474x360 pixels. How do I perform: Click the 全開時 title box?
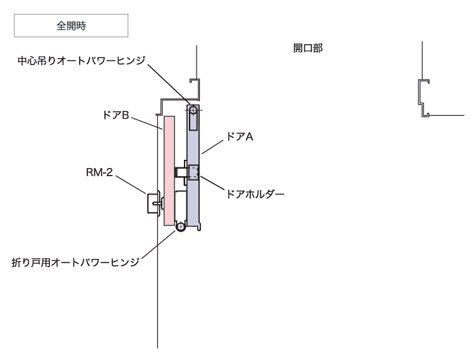[71, 25]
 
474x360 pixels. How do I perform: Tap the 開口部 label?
[308, 48]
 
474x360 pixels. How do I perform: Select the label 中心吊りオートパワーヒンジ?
[82, 61]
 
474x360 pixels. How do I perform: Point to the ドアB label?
[116, 115]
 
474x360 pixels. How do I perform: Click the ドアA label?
[240, 137]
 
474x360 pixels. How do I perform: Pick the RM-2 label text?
[99, 172]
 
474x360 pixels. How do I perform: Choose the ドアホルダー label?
[255, 194]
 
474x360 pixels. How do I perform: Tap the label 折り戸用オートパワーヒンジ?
[76, 262]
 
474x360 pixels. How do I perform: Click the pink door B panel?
[169, 171]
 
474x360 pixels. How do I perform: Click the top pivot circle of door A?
[193, 110]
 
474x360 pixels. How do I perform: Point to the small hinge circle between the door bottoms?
[181, 227]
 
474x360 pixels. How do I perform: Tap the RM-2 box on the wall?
[153, 203]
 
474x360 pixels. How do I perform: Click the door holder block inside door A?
[193, 172]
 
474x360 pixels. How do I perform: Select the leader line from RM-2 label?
[131, 185]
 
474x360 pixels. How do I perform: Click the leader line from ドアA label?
[213, 147]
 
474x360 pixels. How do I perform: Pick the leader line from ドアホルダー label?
[212, 183]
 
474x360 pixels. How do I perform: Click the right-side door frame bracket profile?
[424, 98]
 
